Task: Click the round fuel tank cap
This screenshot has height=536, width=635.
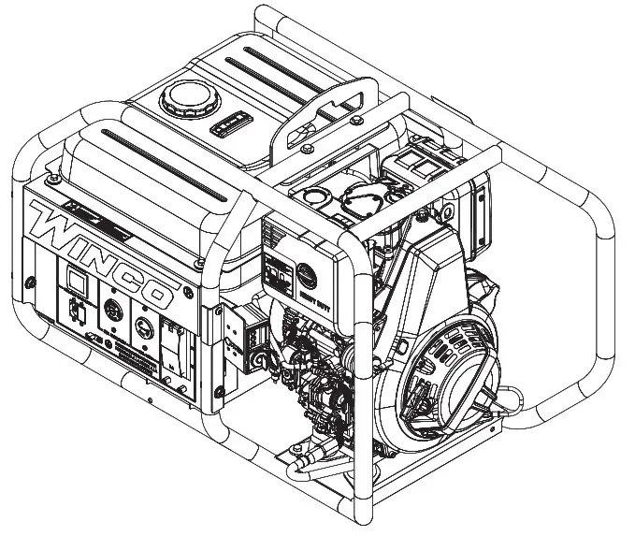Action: tap(182, 97)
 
